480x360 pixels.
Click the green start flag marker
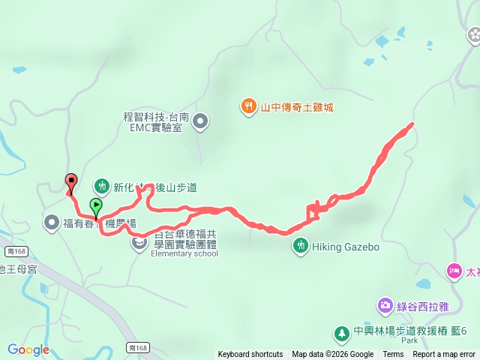tap(96, 205)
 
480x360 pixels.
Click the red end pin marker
tap(71, 180)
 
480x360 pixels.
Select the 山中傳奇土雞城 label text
tap(296, 107)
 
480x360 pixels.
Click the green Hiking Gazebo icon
tap(300, 245)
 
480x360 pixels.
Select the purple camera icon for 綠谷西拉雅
tap(385, 305)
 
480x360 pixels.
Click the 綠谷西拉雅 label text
tap(427, 305)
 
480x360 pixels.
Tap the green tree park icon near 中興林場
tap(341, 331)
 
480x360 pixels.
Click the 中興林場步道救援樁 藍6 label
tap(411, 331)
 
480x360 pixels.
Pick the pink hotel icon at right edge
tap(454, 270)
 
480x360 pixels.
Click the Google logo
tap(28, 349)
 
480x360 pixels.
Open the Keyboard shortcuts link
tap(250, 354)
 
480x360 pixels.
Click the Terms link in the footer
tap(393, 354)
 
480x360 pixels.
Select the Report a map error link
tap(444, 354)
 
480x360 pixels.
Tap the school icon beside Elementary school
tap(139, 242)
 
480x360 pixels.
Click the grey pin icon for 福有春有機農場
tap(51, 222)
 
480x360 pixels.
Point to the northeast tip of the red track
tap(412, 124)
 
